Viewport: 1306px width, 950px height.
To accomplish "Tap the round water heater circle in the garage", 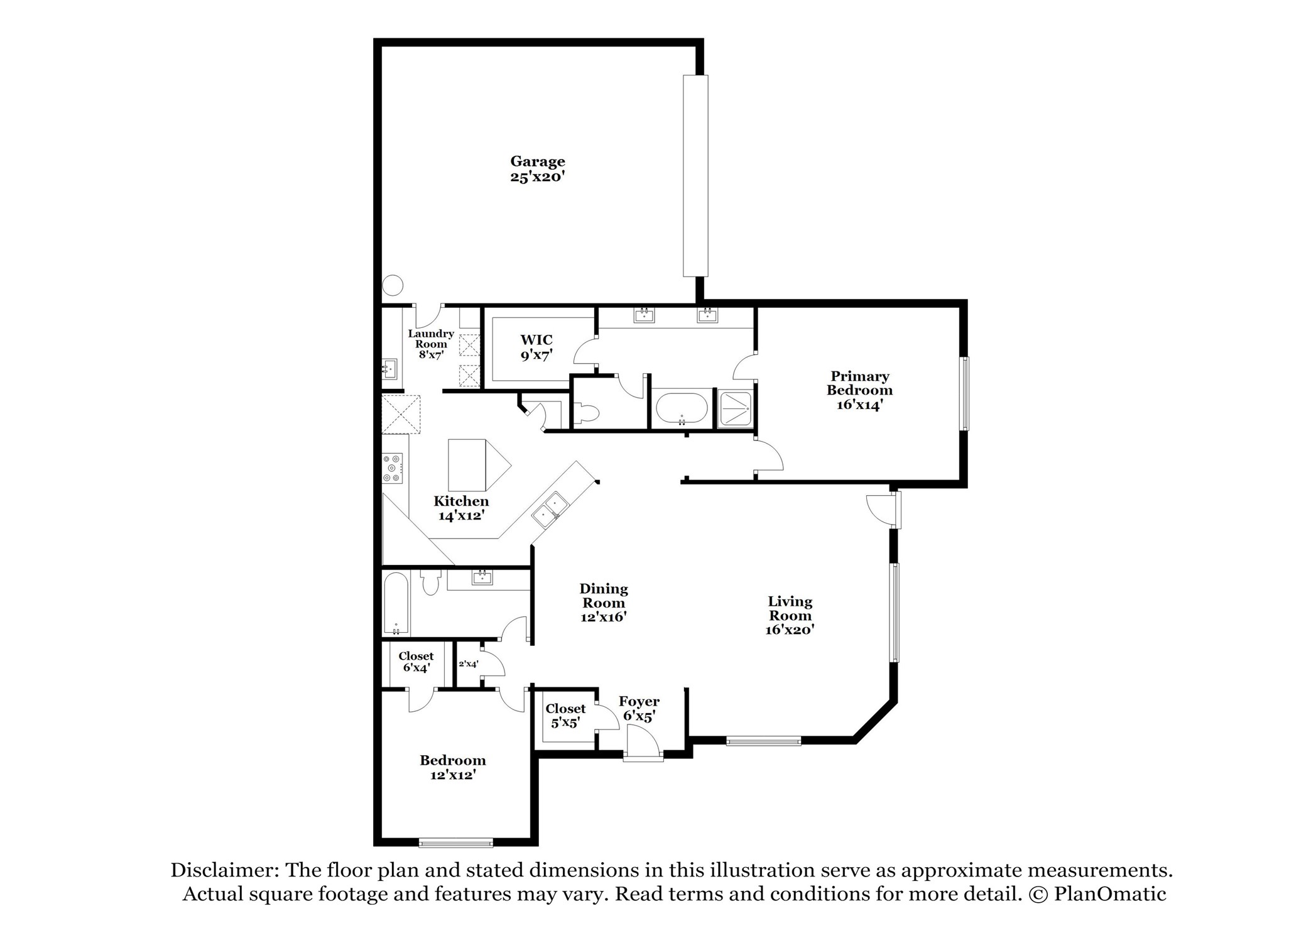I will [393, 285].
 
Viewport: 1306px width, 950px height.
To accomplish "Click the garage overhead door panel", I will [695, 176].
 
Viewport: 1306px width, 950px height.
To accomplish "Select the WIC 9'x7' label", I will [536, 347].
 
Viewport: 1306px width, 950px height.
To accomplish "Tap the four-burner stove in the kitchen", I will [393, 468].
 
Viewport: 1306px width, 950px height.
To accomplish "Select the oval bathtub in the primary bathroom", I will [682, 409].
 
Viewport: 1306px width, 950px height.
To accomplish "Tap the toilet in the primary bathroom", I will [587, 413].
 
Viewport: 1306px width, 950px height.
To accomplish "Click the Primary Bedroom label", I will [859, 390].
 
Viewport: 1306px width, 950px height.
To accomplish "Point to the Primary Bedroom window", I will [964, 393].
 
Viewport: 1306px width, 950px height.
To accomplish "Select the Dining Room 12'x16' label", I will [603, 603].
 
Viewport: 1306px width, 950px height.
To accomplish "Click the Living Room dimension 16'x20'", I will [790, 630].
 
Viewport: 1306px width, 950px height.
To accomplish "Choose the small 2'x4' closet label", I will [468, 663].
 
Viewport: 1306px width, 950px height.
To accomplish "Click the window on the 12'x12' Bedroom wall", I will [456, 843].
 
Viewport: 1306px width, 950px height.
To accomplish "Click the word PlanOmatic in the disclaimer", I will [1110, 894].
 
